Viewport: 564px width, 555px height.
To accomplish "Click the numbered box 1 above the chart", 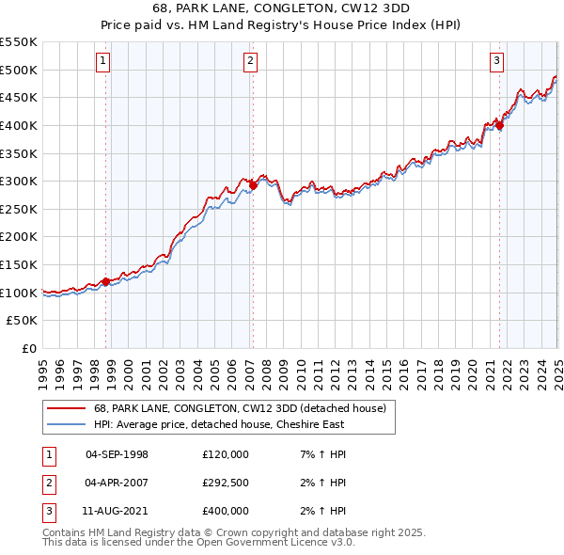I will tap(102, 62).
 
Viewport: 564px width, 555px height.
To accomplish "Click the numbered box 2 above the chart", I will tap(251, 62).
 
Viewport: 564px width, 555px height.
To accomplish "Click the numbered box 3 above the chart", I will tap(496, 62).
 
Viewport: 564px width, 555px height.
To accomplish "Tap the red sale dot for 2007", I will tap(253, 185).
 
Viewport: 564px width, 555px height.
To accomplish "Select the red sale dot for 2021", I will tap(500, 125).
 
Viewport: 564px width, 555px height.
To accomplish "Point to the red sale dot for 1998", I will tap(105, 281).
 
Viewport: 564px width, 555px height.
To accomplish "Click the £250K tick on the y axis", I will tap(19, 209).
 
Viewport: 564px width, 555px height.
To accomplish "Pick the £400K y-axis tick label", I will tap(19, 125).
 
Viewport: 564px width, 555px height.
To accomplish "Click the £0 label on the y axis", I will tap(28, 349).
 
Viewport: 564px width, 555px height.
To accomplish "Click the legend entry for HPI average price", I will tap(215, 424).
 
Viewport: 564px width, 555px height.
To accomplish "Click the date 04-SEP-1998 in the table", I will tap(117, 454).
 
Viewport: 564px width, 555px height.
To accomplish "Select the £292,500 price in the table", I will tap(226, 483).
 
